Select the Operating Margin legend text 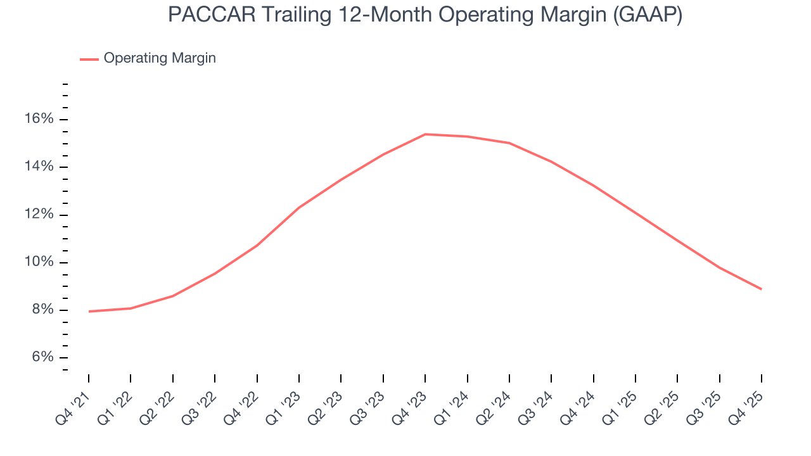click(x=160, y=58)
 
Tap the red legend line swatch click(x=89, y=59)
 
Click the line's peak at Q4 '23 click(x=425, y=134)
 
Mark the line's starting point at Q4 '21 click(x=89, y=312)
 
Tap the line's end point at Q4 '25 click(x=761, y=289)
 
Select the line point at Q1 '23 click(x=299, y=207)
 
